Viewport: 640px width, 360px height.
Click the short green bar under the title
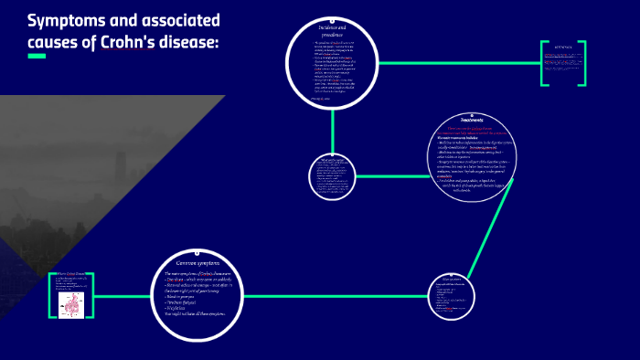[37, 57]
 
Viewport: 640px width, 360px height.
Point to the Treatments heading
[473, 120]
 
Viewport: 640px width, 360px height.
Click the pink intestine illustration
[71, 298]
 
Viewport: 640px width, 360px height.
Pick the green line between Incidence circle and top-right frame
[457, 62]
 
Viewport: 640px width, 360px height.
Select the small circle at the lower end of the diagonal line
[453, 296]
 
